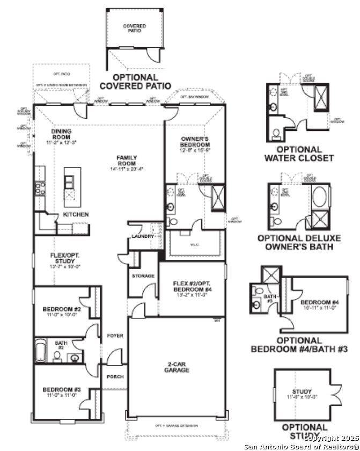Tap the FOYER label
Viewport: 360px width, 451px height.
tap(115, 336)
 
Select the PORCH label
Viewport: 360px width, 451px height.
tap(115, 376)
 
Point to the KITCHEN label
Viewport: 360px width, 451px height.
tap(76, 214)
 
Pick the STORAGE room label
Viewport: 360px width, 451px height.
tap(143, 276)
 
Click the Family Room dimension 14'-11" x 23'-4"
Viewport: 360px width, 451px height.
tap(127, 169)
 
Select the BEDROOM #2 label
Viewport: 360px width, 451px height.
tap(62, 309)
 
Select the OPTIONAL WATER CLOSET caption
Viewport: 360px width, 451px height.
tap(299, 154)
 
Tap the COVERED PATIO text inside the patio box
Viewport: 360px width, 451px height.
tap(134, 28)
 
